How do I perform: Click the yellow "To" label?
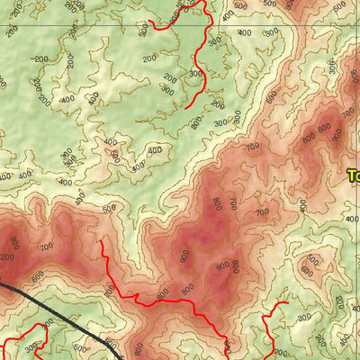pyautogui.click(x=353, y=176)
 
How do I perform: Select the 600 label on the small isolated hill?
pyautogui.click(x=307, y=269)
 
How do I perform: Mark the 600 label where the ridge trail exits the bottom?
pyautogui.click(x=138, y=348)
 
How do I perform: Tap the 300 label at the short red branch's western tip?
pyautogui.click(x=145, y=30)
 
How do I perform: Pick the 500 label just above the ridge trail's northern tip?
pyautogui.click(x=110, y=210)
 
